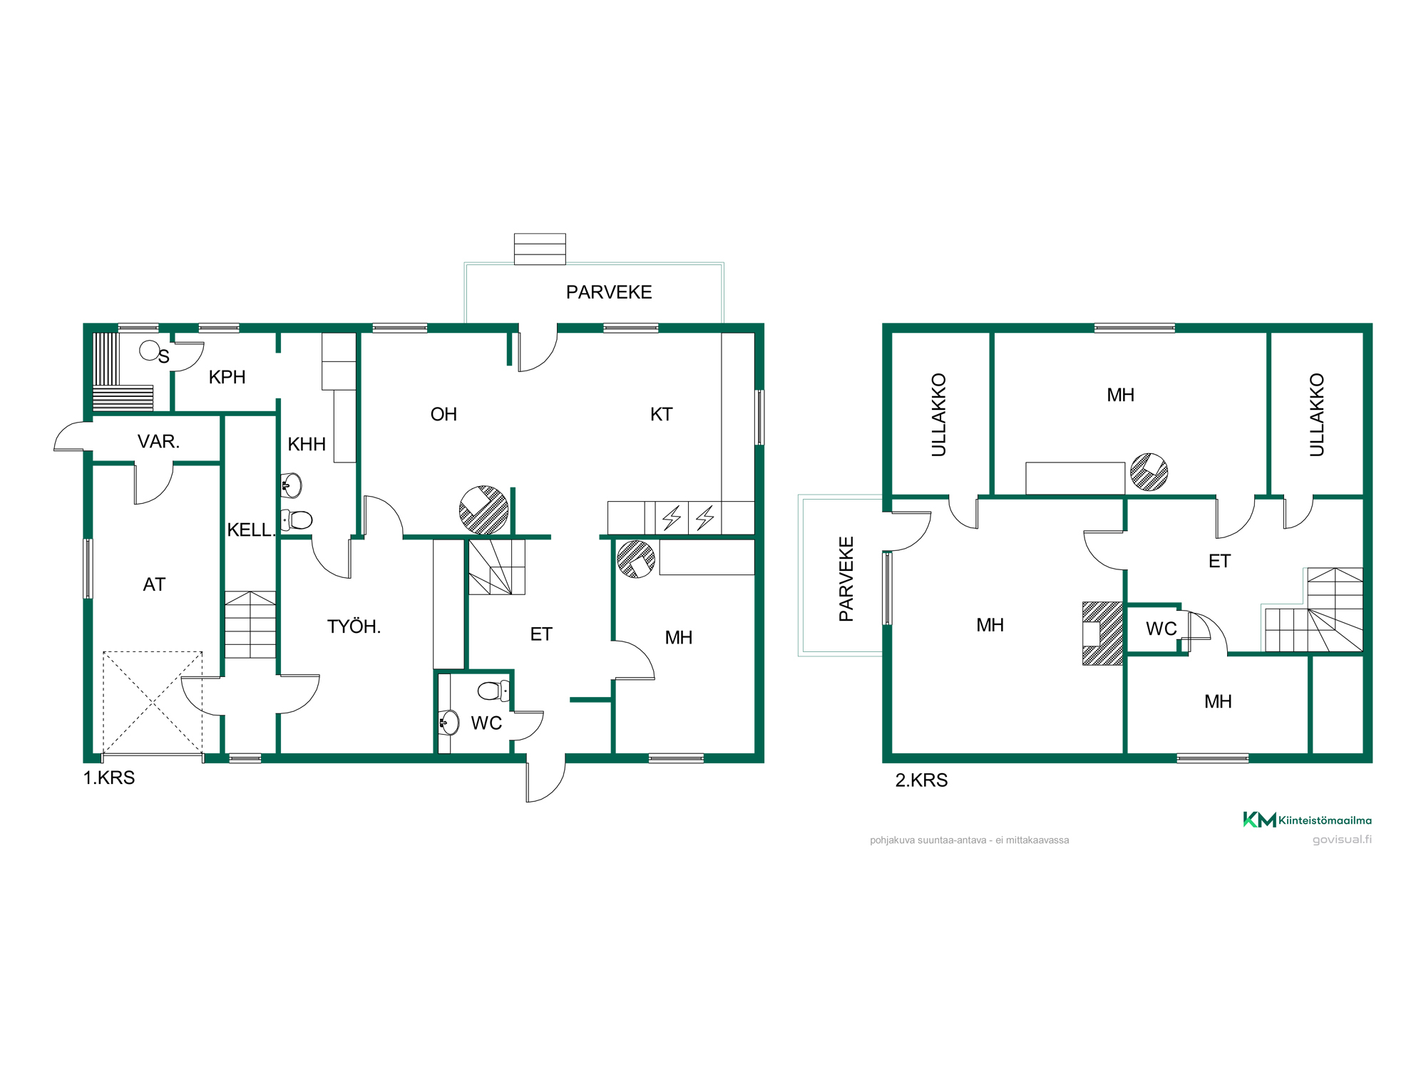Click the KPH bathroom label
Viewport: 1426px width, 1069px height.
227,377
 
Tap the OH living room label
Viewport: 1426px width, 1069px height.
443,414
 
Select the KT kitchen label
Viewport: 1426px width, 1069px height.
661,414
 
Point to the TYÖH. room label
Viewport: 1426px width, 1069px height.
354,626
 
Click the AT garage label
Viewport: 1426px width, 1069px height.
154,584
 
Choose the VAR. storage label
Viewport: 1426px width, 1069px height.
158,441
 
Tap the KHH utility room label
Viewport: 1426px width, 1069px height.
307,444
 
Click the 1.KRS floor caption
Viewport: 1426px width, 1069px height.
109,778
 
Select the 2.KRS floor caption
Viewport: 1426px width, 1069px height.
921,780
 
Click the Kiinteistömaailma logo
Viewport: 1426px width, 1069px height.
1307,820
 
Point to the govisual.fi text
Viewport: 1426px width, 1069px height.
1342,840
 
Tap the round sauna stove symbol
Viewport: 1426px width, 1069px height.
149,350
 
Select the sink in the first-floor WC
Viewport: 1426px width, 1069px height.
448,723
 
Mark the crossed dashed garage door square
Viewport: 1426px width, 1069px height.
153,703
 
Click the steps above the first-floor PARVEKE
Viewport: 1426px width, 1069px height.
540,249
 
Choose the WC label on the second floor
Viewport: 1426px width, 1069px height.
1161,629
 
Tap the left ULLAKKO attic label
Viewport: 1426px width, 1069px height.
938,415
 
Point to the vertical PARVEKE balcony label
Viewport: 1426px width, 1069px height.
846,579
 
